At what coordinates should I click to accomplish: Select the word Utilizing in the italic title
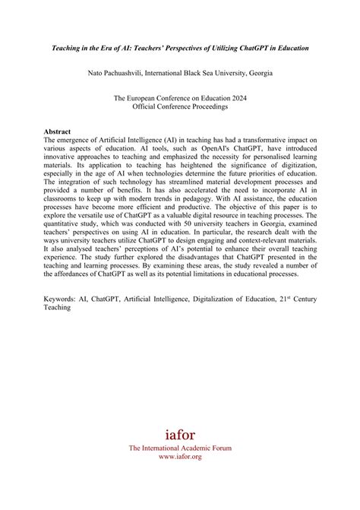click(x=238, y=48)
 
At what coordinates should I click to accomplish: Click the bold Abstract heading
click(x=60, y=131)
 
